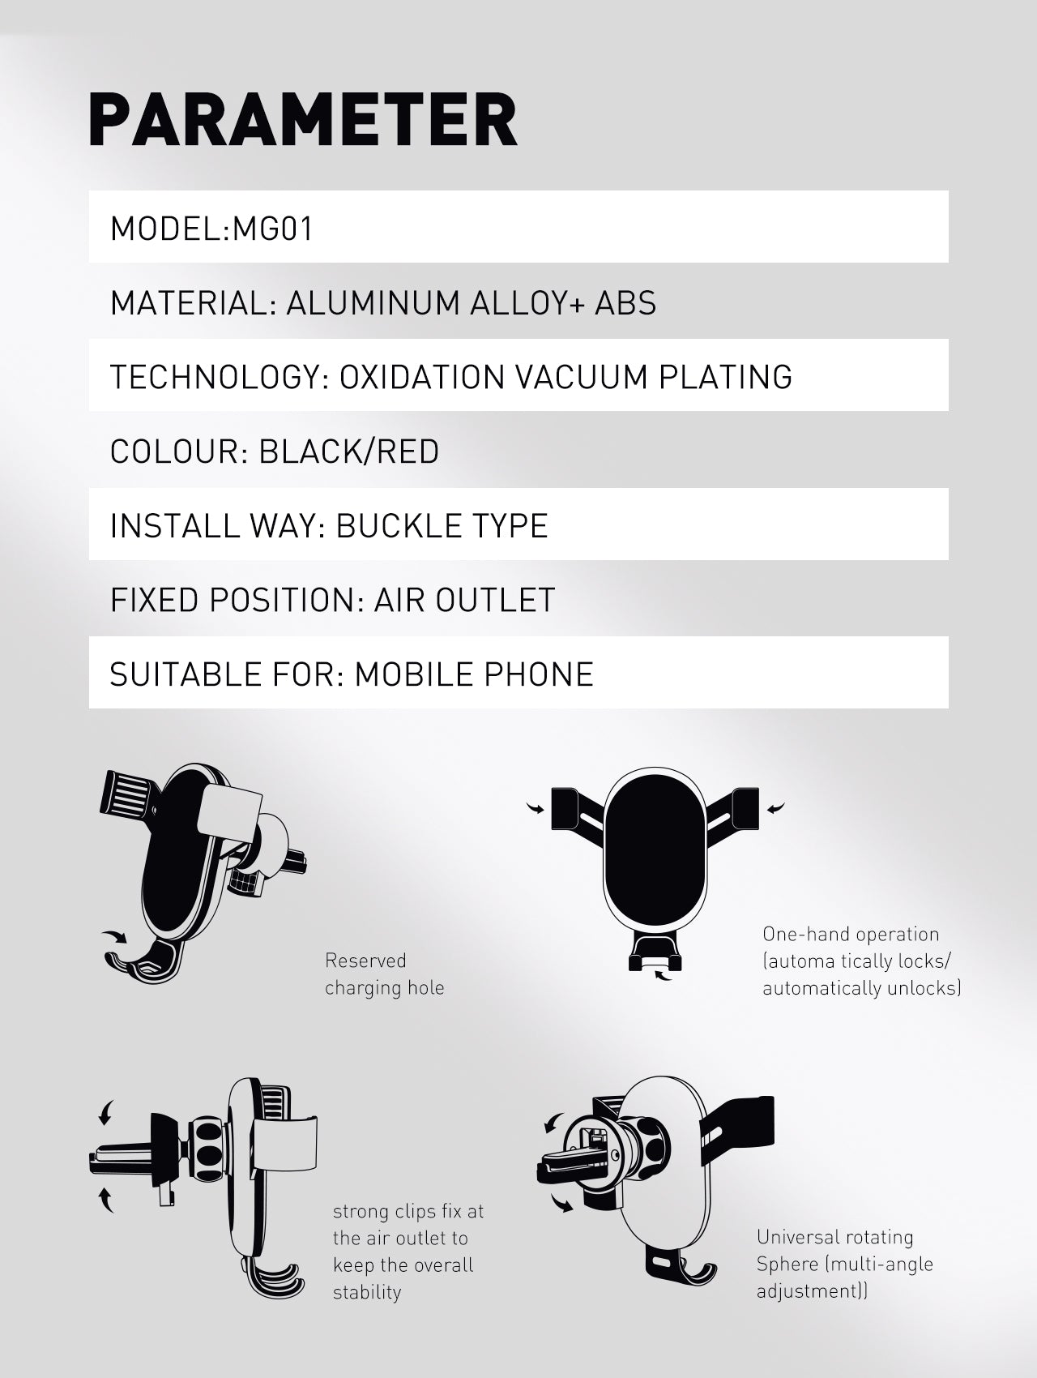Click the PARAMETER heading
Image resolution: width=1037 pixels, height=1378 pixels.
(x=302, y=120)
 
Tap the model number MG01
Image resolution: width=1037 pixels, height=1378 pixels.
(x=273, y=229)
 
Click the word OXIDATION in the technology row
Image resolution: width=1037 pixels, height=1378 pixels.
(x=421, y=378)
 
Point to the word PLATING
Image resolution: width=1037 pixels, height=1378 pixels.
(x=725, y=378)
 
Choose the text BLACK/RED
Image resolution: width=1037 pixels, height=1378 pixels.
(x=348, y=452)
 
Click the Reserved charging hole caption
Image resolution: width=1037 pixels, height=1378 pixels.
(x=384, y=974)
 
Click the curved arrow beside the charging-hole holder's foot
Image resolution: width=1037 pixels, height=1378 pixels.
(x=114, y=938)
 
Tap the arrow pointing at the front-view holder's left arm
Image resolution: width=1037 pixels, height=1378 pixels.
(x=536, y=807)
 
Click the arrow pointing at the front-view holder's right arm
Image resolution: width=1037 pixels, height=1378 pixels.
(x=775, y=807)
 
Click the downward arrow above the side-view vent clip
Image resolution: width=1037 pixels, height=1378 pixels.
(x=105, y=1112)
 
